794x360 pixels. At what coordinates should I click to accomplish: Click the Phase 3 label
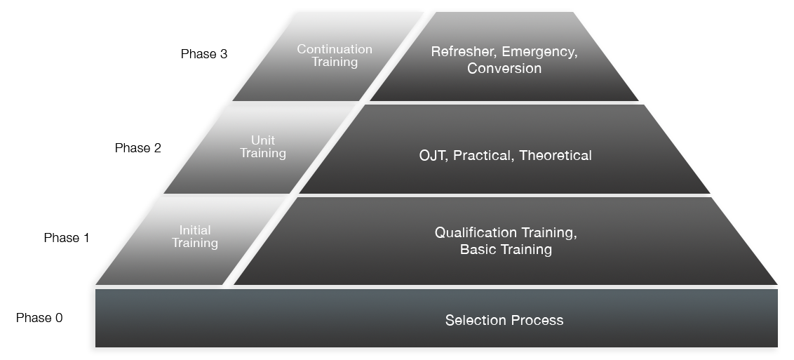pos(204,53)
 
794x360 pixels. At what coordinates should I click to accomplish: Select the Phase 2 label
pos(137,148)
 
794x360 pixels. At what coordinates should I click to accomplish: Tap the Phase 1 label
pos(67,237)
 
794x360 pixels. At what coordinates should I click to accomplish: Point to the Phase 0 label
pos(39,317)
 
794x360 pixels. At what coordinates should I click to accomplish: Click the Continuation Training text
pos(335,55)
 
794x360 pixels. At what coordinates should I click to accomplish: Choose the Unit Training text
pos(263,147)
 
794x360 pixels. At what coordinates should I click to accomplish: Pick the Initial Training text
pos(195,236)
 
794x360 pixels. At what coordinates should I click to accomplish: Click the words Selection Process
pos(504,320)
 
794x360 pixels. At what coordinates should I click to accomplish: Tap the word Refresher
pos(462,52)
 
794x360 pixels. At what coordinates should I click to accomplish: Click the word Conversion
pos(504,68)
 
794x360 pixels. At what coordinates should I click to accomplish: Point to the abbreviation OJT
pos(433,156)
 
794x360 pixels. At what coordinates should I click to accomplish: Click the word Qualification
pos(476,233)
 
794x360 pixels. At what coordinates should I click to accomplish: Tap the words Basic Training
pos(506,249)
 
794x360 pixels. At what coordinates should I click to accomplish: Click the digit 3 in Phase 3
pos(224,53)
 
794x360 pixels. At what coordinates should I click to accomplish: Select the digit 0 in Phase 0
pos(59,317)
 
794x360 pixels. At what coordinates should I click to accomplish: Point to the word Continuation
pos(335,49)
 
